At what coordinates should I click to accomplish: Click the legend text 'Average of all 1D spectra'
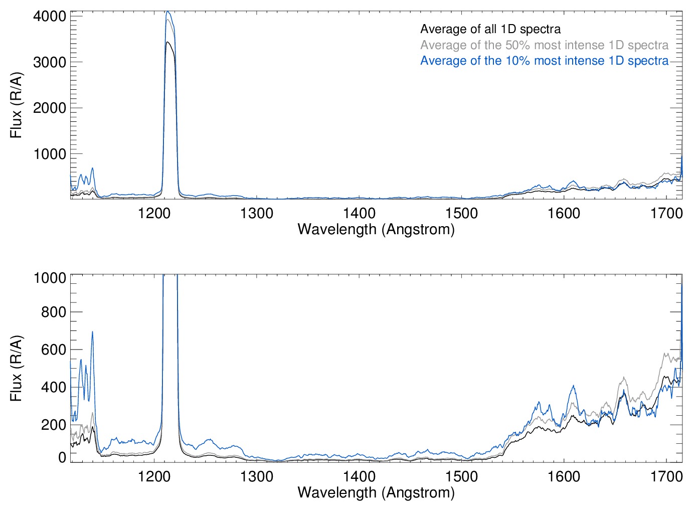pyautogui.click(x=490, y=29)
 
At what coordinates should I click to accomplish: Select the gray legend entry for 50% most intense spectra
pyautogui.click(x=544, y=45)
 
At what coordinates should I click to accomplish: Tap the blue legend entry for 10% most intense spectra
pyautogui.click(x=544, y=61)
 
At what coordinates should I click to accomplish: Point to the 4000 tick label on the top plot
pyautogui.click(x=50, y=16)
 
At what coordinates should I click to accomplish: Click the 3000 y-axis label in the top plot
pyautogui.click(x=50, y=62)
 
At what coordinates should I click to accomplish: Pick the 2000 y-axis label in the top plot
pyautogui.click(x=50, y=108)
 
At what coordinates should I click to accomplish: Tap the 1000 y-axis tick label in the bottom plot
pyautogui.click(x=50, y=277)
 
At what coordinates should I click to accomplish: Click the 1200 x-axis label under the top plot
pyautogui.click(x=154, y=213)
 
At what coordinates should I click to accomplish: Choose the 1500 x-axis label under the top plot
pyautogui.click(x=461, y=213)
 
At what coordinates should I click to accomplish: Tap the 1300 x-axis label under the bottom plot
pyautogui.click(x=257, y=476)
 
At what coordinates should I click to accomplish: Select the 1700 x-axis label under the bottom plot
pyautogui.click(x=666, y=476)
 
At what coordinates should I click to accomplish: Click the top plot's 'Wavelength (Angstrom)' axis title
pyautogui.click(x=376, y=229)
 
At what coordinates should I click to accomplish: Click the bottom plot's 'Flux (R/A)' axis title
pyautogui.click(x=17, y=369)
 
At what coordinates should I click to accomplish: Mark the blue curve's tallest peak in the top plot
pyautogui.click(x=168, y=12)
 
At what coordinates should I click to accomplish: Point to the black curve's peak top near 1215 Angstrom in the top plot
pyautogui.click(x=168, y=42)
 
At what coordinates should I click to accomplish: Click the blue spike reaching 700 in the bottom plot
pyautogui.click(x=92, y=331)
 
